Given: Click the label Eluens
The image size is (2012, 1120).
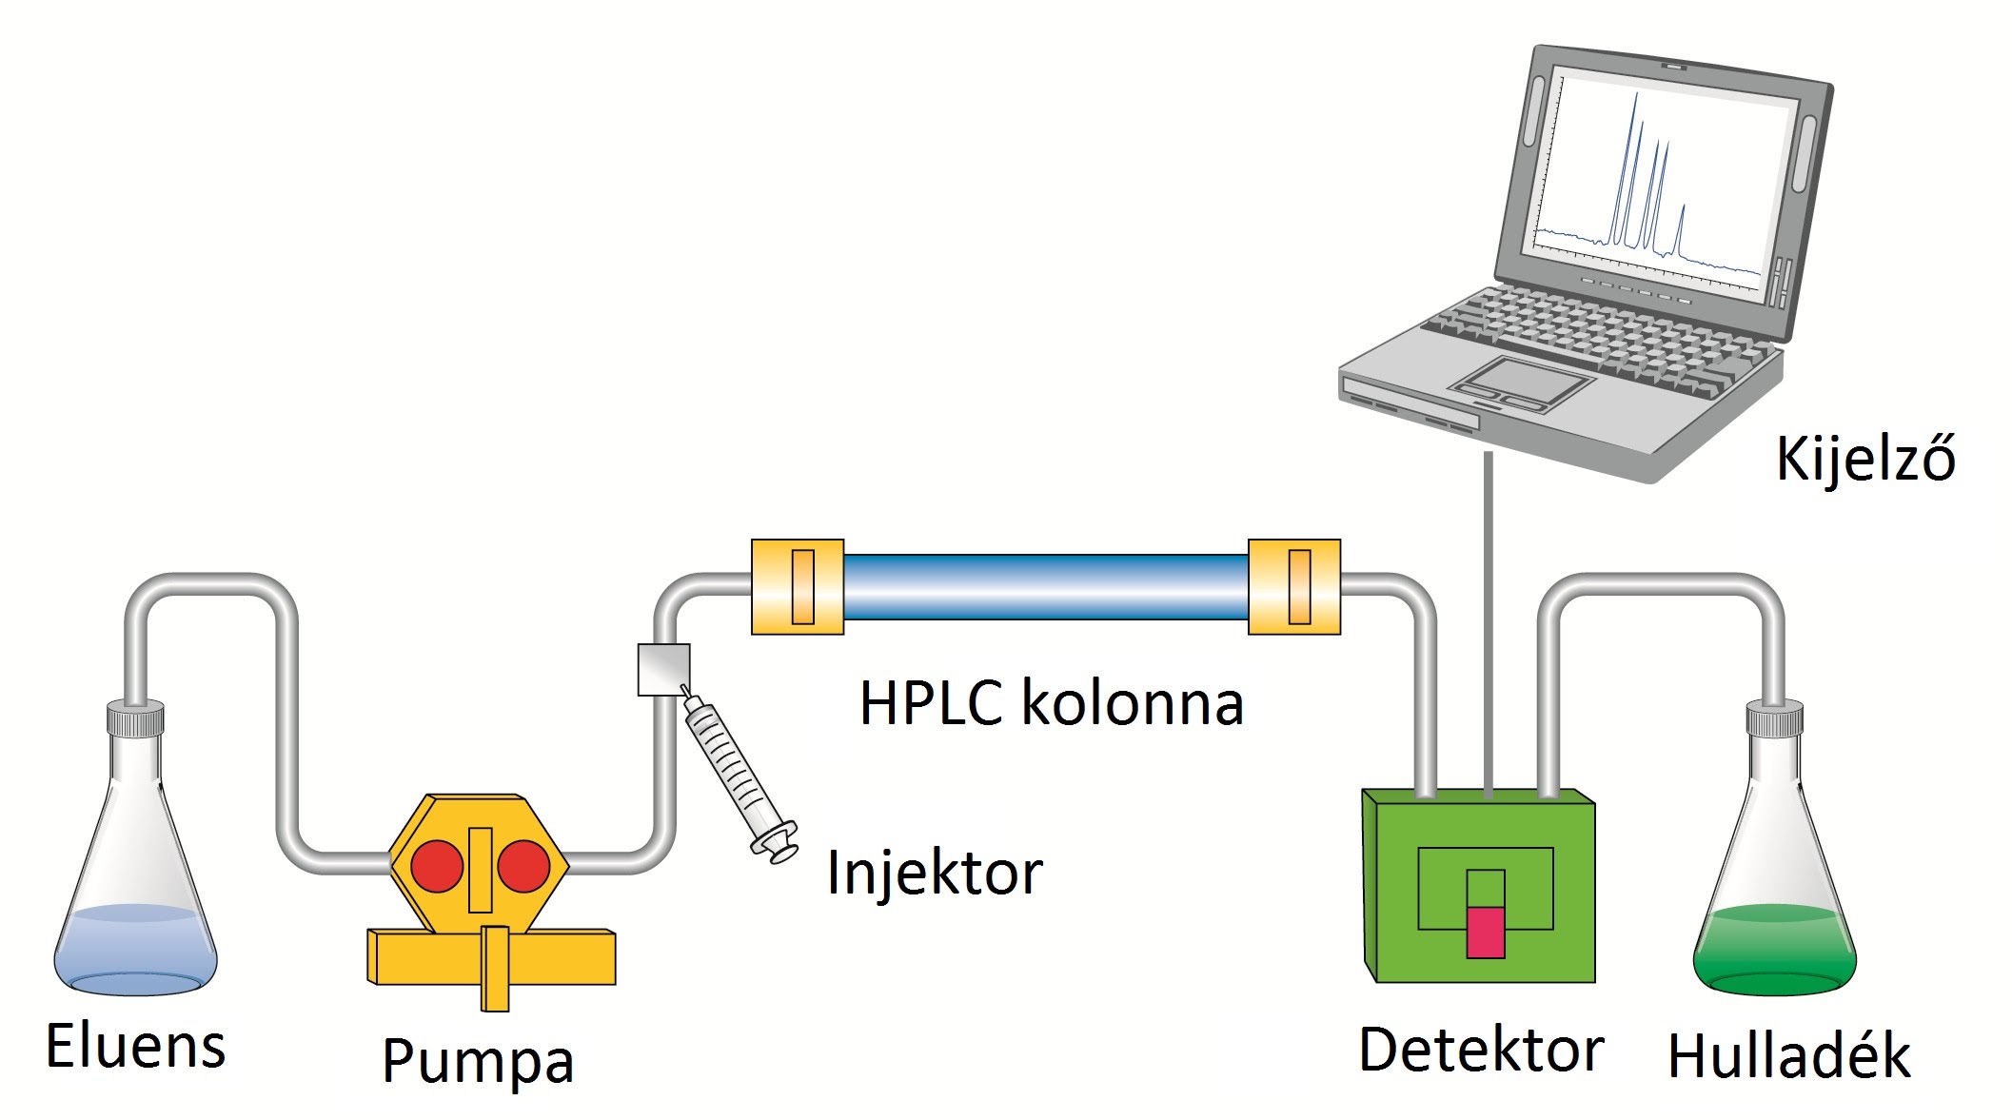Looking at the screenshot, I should pos(135,1046).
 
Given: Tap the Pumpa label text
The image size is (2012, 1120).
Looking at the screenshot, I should pos(478,1060).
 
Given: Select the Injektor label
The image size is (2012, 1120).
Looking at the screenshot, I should pos(935,872).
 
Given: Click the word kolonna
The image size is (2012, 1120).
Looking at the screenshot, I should pos(1133,704).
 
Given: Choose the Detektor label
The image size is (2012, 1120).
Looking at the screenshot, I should pos(1481,1050).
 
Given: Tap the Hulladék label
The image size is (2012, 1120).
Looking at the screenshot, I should pos(1788,1055).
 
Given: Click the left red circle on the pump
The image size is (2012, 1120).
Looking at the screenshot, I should pos(437,866).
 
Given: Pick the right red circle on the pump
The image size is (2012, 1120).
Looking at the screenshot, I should pos(523,866).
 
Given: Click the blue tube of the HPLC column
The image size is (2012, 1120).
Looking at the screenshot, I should pos(1045,587).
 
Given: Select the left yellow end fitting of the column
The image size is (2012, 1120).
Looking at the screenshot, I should pos(798,587).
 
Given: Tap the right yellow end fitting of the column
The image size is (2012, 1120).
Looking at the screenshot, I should pos(1294,587).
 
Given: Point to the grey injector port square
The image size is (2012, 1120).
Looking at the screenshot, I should pos(663,670).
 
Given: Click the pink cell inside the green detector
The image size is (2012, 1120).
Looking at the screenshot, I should pos(1485,931).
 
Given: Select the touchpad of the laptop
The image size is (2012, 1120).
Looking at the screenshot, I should pos(1519,383).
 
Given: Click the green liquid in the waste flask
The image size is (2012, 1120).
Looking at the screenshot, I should pos(1775,952).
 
